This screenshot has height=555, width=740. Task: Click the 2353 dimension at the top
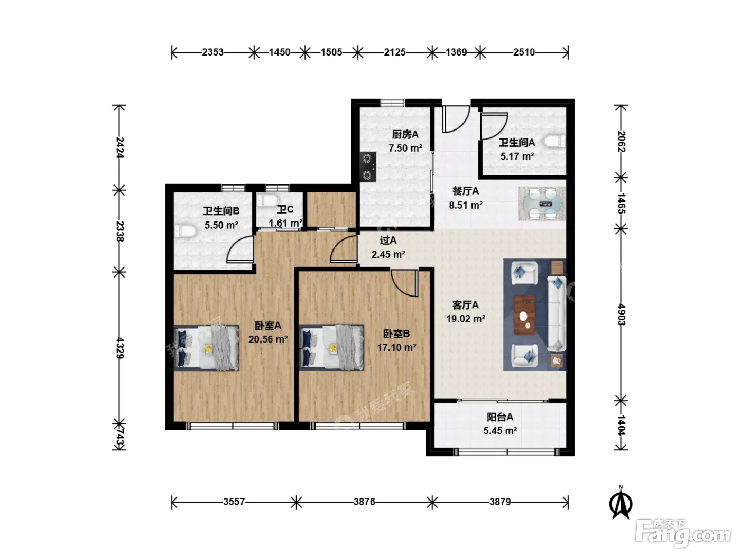(x=212, y=52)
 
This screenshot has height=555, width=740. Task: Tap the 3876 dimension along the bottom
(x=364, y=502)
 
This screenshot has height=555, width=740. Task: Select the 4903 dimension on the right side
(x=621, y=314)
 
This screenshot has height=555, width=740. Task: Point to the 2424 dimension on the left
(x=119, y=147)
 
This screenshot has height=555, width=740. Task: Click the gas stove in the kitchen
(x=368, y=167)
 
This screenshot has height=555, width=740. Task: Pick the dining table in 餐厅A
(x=542, y=204)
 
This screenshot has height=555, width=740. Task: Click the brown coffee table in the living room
(x=524, y=314)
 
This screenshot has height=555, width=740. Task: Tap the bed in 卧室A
(x=207, y=348)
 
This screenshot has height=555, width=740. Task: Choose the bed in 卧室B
(x=331, y=347)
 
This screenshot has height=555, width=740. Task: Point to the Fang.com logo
(x=683, y=534)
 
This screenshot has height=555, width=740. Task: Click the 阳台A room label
(x=500, y=417)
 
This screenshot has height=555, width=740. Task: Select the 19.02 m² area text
(x=466, y=319)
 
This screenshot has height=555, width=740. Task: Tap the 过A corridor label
(x=388, y=240)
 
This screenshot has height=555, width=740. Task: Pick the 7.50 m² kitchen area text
(x=405, y=149)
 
